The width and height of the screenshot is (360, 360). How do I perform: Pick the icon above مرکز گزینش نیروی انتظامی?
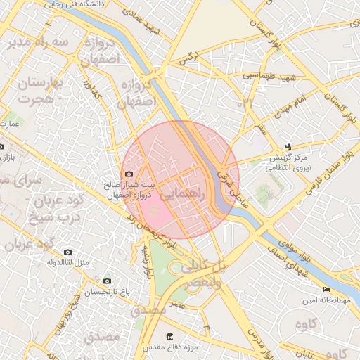(288, 147)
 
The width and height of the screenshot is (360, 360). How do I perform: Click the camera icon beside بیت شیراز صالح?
(129, 174)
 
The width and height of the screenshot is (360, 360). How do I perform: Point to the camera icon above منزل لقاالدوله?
(67, 252)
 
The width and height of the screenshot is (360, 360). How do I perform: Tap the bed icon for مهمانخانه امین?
(326, 290)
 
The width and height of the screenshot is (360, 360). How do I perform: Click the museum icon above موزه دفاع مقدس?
(169, 336)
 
